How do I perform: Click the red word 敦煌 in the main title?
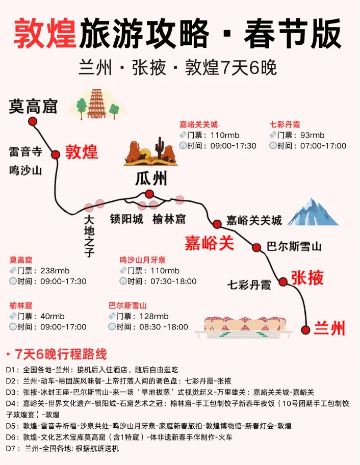pos(45,34)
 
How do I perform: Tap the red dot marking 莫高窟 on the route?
pos(33,121)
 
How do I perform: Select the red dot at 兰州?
pos(305,329)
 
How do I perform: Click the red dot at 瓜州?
pos(149,194)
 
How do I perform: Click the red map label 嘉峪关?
pos(209,243)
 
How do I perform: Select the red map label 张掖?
pos(307,278)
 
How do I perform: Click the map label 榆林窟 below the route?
pos(169,219)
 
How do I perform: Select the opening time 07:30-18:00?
pos(173,281)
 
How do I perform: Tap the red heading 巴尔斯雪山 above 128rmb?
pos(127,306)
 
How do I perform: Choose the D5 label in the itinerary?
pos(12,426)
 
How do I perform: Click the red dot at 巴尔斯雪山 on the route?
pos(256,247)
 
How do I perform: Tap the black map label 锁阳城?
pos(126,219)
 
